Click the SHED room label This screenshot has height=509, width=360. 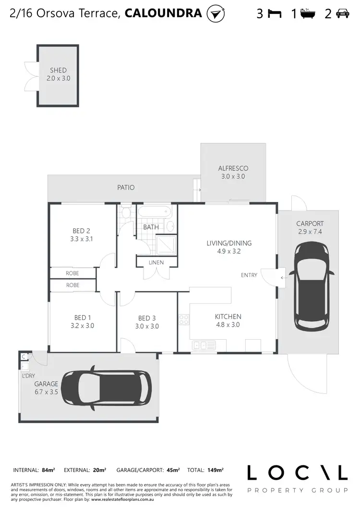coord(58,70)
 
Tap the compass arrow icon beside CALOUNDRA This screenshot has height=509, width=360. coord(216,13)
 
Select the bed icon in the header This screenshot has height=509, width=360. coord(275,14)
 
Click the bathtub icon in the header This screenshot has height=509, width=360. coord(307,13)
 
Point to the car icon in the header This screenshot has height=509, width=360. coord(342,14)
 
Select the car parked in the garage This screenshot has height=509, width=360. coord(107,388)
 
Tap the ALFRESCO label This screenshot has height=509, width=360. coord(233,168)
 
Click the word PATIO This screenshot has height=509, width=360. coord(125,188)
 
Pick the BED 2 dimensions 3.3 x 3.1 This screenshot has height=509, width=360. coord(82,238)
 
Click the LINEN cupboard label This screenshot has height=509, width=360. coord(156,262)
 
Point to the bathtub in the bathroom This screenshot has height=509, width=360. coord(154,212)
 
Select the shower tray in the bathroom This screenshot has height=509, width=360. coord(166,244)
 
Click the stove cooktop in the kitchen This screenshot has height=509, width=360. coord(183,319)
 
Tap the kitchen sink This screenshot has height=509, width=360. coord(204,345)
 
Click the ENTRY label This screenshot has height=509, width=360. coord(249,275)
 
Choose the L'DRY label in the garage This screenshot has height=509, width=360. coord(28,376)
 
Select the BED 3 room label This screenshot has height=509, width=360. coord(147,318)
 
